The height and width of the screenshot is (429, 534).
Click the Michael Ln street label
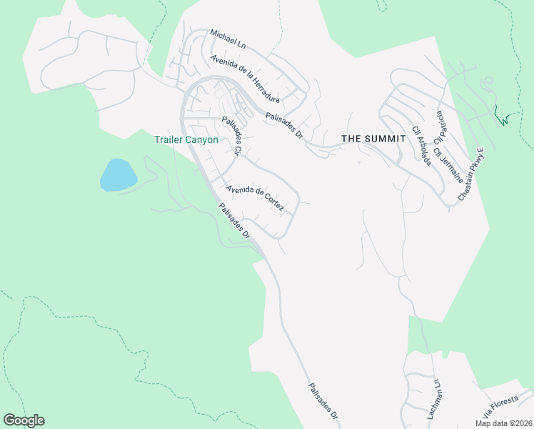(x=228, y=39)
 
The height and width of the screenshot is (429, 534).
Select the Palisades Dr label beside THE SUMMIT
(x=284, y=125)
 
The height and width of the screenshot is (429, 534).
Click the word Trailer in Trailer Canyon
(x=169, y=140)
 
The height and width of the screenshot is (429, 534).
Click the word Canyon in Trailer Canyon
(x=203, y=140)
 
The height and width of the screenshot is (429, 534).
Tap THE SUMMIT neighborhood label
(x=368, y=138)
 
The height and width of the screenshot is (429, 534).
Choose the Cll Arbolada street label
(x=422, y=146)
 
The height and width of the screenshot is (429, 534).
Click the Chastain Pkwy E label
(x=471, y=173)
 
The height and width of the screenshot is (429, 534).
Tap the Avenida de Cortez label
(x=255, y=199)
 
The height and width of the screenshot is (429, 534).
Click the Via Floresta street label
(x=498, y=405)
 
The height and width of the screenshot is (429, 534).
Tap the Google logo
(x=24, y=420)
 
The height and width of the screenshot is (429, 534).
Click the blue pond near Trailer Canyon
(x=118, y=175)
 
